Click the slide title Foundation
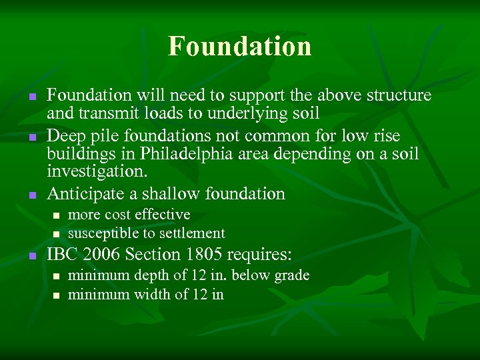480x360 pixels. point(239,47)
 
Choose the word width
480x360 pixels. point(152,294)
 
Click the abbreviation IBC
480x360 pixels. point(62,254)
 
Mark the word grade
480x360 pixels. point(292,275)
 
